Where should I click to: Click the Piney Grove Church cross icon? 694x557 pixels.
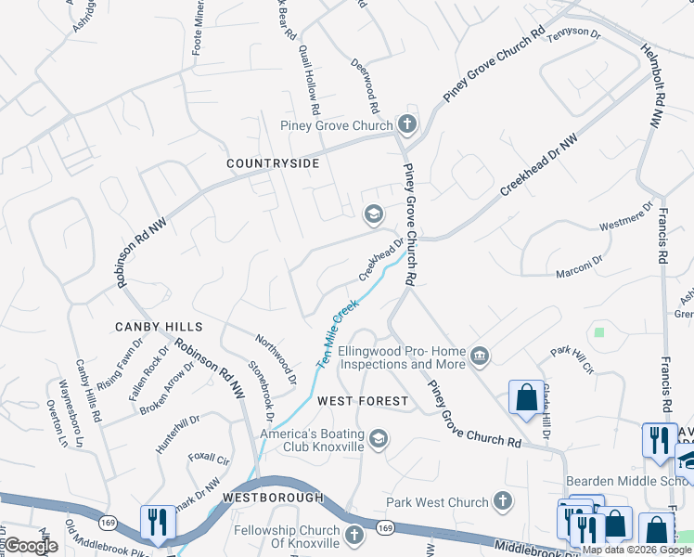click(405, 124)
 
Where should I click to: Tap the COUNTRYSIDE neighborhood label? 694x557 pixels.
click(274, 163)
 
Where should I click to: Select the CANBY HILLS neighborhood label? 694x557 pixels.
click(159, 327)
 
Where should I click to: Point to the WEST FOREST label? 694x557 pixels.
click(362, 401)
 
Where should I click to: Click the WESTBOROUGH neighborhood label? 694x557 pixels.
click(273, 498)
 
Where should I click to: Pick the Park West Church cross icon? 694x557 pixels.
click(502, 502)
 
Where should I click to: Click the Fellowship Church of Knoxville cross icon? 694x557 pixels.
click(353, 535)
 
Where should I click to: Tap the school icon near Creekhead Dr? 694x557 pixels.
click(373, 215)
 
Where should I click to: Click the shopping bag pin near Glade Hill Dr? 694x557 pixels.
click(526, 397)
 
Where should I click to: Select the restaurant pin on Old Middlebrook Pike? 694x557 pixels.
click(154, 524)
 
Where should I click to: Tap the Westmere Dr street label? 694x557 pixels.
click(621, 226)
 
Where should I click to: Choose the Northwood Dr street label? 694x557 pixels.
click(276, 361)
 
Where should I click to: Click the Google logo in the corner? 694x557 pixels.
click(31, 546)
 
